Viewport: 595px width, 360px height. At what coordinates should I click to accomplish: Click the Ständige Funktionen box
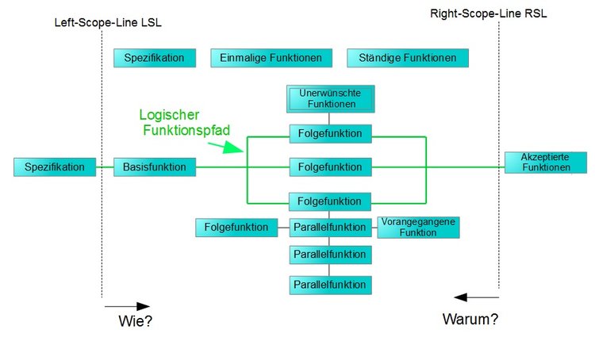tap(407, 58)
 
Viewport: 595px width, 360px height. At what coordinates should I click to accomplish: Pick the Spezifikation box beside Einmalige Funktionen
tap(154, 58)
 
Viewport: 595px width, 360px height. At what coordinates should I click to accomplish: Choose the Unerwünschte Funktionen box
tap(330, 99)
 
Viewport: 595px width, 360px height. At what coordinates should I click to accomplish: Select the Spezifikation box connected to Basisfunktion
tap(54, 167)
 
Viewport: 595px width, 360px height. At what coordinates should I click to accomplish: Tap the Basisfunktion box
tap(155, 167)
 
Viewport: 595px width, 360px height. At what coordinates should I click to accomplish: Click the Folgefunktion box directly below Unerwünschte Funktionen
tap(330, 134)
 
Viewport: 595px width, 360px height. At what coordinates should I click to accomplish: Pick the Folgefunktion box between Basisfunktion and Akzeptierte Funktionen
tap(330, 167)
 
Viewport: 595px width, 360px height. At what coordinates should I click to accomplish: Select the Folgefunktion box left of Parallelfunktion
tap(236, 228)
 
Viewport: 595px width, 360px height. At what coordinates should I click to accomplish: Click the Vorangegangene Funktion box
tap(418, 228)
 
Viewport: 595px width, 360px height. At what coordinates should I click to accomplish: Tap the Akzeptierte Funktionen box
tap(546, 163)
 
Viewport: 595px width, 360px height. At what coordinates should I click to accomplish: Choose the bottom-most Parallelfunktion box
tap(330, 285)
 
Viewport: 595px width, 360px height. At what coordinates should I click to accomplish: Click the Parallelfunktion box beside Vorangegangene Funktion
tap(330, 228)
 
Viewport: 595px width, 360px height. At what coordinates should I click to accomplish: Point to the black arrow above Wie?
tap(126, 306)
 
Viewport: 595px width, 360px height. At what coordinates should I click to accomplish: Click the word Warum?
tap(470, 320)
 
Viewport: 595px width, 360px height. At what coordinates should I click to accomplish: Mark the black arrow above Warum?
tap(476, 297)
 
